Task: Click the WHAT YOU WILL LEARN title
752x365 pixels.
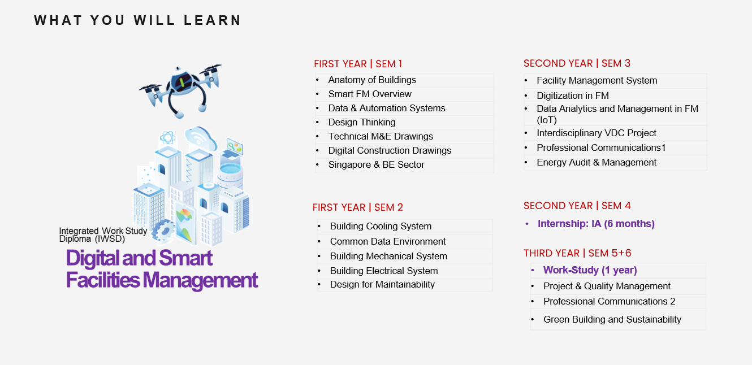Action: pos(137,20)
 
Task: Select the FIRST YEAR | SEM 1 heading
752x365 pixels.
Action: pos(358,64)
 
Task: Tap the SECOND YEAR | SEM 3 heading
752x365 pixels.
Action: pos(577,63)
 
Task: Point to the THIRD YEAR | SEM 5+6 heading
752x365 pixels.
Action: pos(577,253)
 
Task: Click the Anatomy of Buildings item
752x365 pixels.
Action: pos(372,80)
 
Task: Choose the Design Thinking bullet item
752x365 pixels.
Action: pos(362,122)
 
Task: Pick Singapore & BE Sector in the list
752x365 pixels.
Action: pos(377,165)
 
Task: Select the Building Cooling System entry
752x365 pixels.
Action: pos(381,226)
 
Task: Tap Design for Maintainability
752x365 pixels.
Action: pos(382,285)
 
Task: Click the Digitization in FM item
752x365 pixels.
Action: pos(573,95)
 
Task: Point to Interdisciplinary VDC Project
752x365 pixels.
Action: pos(596,133)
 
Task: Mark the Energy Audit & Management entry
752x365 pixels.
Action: pos(596,162)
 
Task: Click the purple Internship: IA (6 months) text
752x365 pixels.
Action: pos(596,224)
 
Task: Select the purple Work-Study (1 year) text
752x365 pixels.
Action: pos(590,270)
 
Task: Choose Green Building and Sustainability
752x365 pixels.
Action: pos(612,319)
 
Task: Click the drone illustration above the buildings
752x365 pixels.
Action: pos(180,90)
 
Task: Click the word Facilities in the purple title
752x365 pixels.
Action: pos(103,280)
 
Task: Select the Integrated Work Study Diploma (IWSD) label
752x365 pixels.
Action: pos(103,235)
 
